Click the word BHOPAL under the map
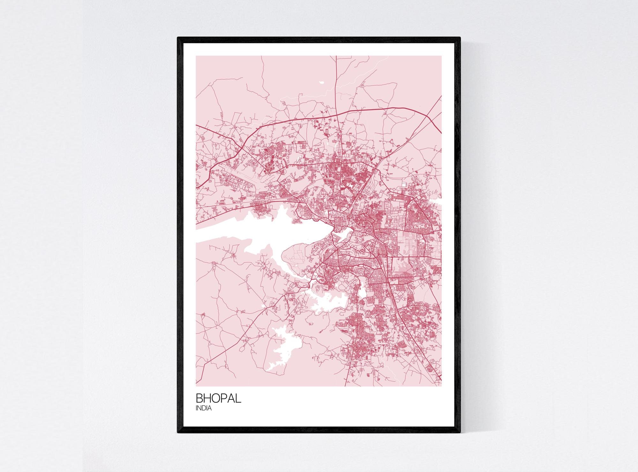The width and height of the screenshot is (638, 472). point(218,398)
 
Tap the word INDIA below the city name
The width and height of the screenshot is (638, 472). point(204,408)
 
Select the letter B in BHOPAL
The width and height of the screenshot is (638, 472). point(199,398)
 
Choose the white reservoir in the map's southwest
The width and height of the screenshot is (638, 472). point(284,347)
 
